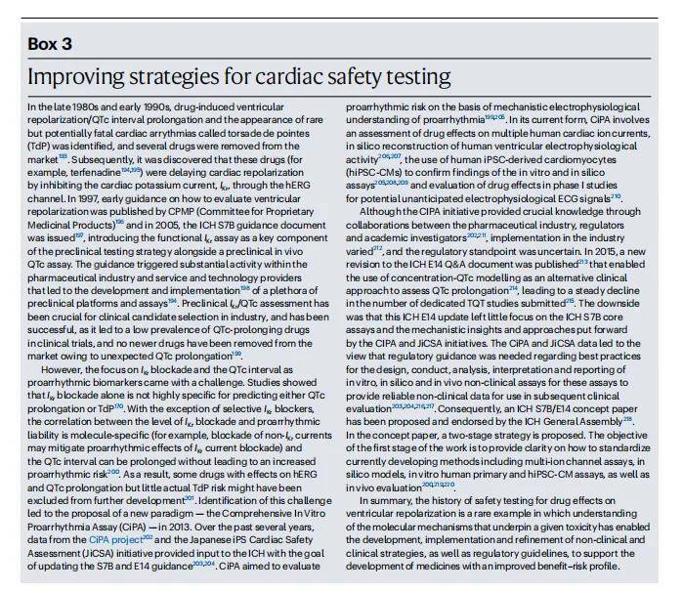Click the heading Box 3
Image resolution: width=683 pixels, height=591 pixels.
point(56,45)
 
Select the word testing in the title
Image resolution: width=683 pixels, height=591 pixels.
point(412,77)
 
